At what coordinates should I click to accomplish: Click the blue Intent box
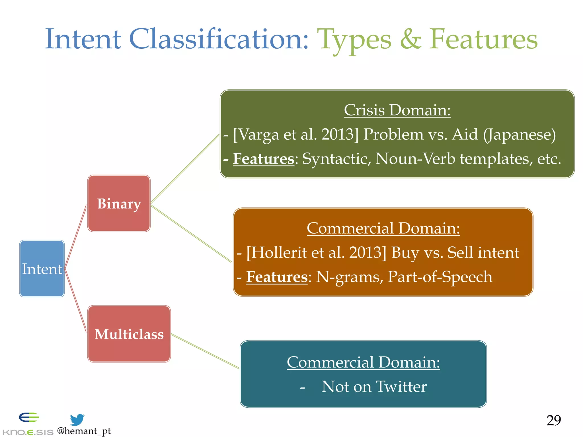[x=42, y=269]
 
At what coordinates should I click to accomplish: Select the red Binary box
[x=119, y=203]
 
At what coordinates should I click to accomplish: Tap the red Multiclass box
[x=129, y=334]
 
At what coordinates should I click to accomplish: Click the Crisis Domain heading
[x=397, y=110]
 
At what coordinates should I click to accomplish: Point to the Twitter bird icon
[x=77, y=419]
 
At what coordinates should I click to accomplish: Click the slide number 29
[x=553, y=420]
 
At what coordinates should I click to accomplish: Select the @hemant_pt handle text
[x=84, y=431]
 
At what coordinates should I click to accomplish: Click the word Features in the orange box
[x=277, y=277]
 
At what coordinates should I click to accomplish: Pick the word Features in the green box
[x=263, y=159]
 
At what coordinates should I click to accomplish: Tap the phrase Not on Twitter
[x=374, y=387]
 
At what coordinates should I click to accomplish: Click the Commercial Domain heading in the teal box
[x=363, y=362]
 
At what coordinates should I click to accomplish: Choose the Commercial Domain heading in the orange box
[x=383, y=228]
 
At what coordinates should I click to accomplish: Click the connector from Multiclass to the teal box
[x=205, y=351]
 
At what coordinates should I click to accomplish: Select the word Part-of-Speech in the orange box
[x=440, y=277]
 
